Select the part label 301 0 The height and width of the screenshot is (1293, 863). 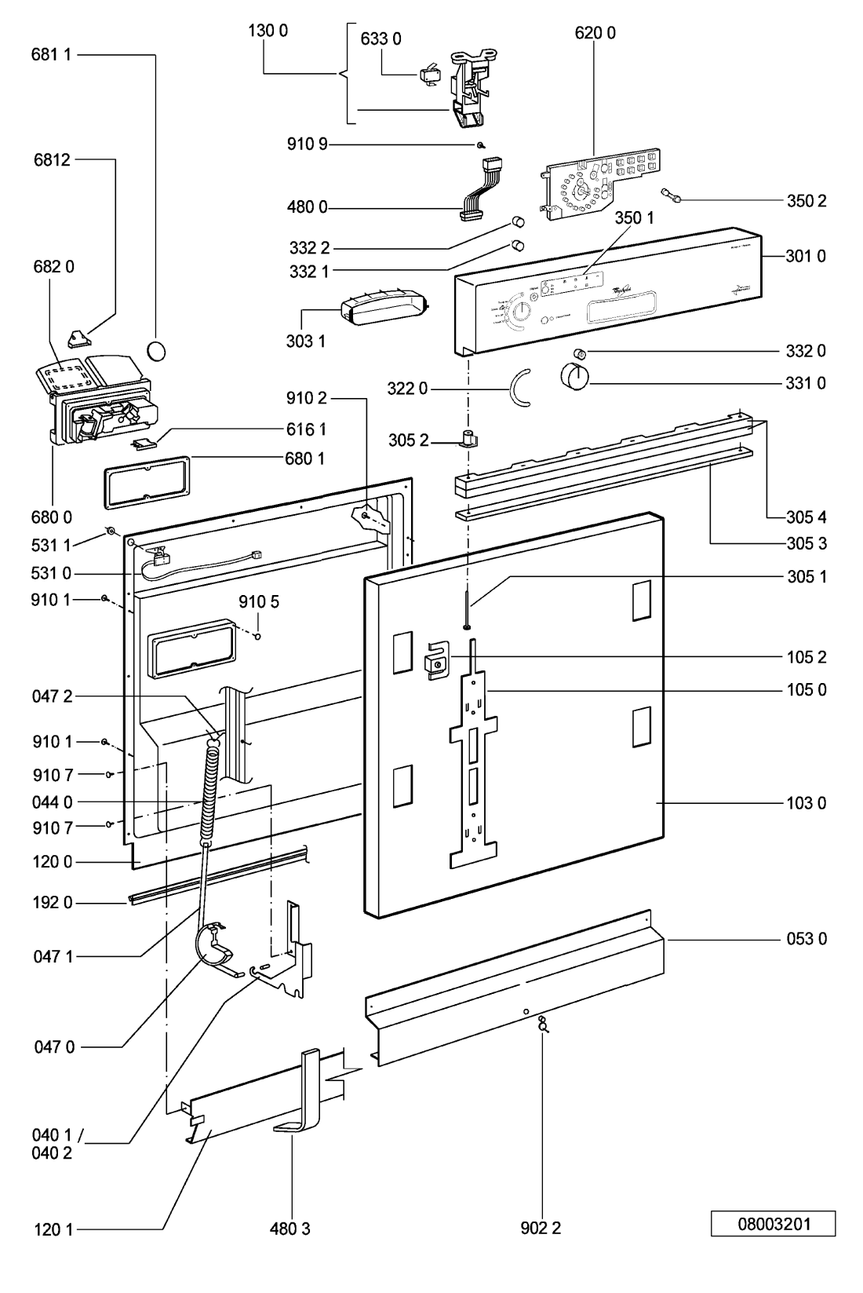(806, 256)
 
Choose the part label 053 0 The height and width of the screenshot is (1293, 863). (806, 939)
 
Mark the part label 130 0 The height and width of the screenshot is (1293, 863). (268, 31)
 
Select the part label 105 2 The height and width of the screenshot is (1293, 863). (806, 657)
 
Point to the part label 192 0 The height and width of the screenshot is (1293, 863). (53, 903)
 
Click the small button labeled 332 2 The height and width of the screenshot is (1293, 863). (518, 221)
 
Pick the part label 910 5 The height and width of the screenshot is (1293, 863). (259, 602)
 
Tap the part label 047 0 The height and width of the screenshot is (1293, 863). (53, 1046)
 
